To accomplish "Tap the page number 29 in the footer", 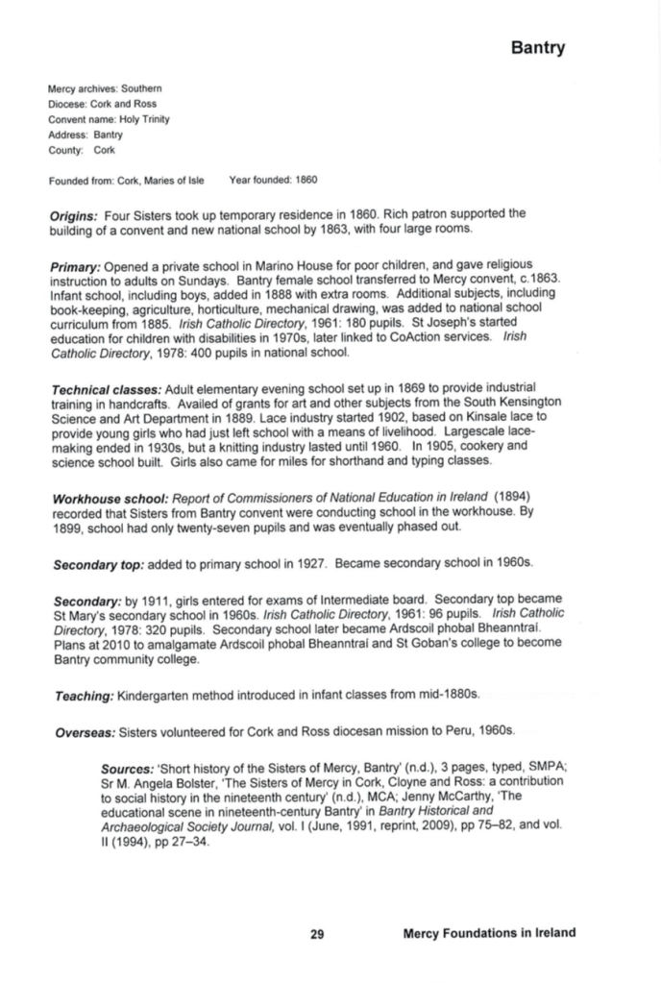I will click(317, 932).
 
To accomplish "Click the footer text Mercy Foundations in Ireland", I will click(490, 932).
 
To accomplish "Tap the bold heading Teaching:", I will click(82, 692).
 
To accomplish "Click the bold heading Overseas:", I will click(83, 731).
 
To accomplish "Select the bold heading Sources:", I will click(130, 770).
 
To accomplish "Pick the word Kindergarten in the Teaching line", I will click(157, 692).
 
